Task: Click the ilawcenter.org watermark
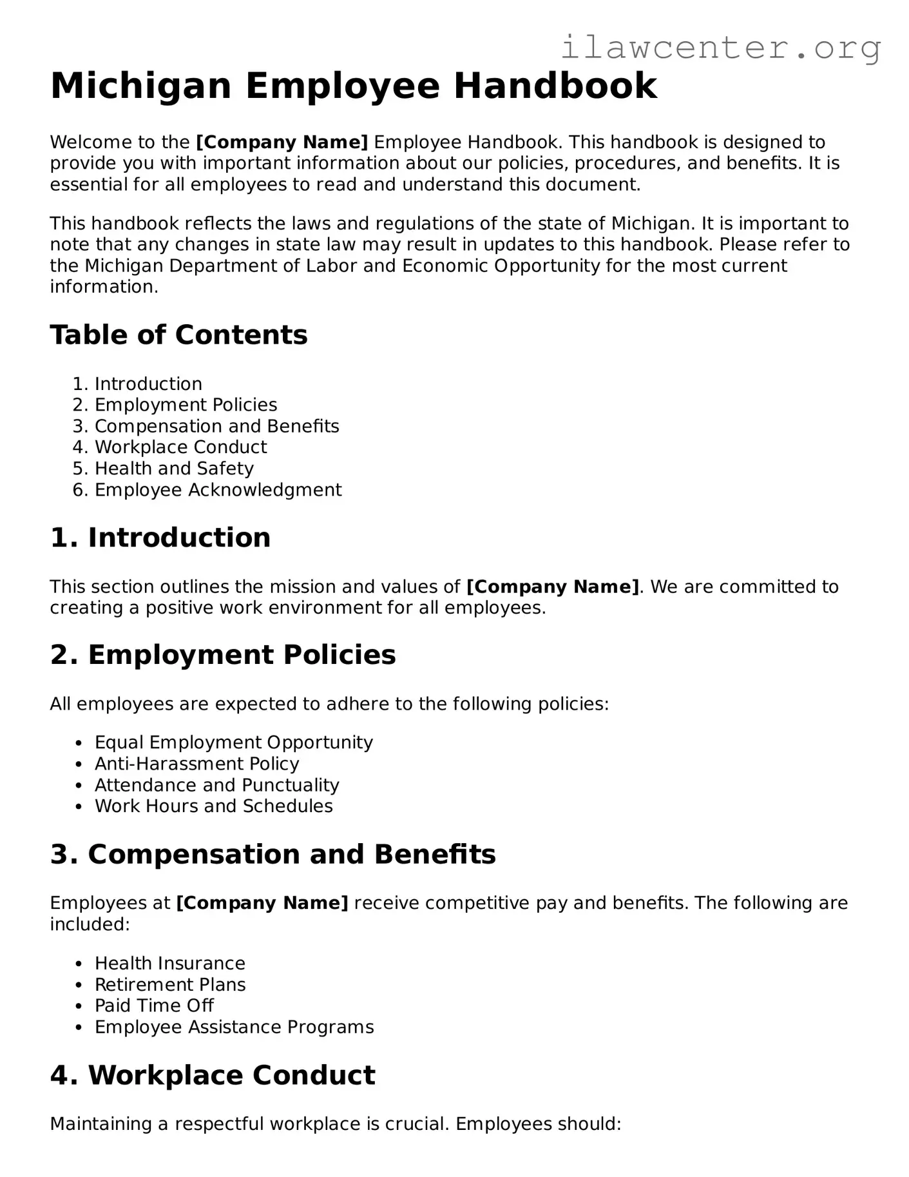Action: [721, 47]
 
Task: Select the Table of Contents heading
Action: [178, 335]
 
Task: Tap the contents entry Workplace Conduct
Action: [180, 447]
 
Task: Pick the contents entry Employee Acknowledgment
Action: [218, 490]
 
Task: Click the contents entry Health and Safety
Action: [174, 469]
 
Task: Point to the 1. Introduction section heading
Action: [160, 538]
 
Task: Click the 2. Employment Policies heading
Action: [223, 655]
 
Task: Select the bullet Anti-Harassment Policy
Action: [196, 764]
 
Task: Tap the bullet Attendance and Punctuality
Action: [216, 785]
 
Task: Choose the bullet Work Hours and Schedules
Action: [213, 806]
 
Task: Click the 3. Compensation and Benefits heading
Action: [273, 855]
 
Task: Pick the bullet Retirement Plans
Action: [170, 985]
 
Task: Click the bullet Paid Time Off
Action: [154, 1006]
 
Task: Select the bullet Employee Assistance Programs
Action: [234, 1027]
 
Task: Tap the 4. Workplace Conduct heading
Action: [213, 1075]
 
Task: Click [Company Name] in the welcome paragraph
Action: [282, 142]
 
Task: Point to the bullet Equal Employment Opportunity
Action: [233, 743]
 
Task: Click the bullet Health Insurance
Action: [169, 964]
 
